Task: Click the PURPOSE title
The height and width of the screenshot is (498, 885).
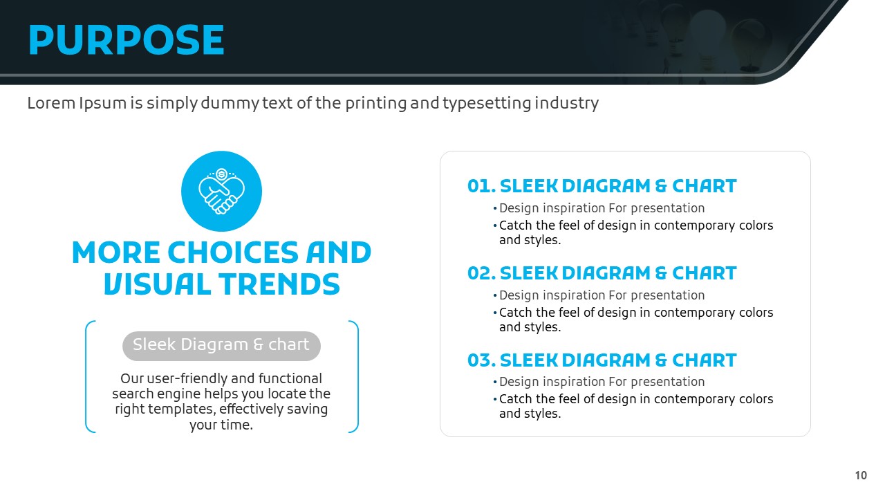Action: point(126,39)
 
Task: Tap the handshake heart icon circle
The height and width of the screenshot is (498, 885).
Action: point(221,192)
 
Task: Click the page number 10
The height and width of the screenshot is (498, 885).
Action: point(861,475)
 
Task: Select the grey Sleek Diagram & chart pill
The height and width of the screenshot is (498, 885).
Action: point(221,346)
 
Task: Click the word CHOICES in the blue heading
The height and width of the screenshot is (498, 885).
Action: point(233,252)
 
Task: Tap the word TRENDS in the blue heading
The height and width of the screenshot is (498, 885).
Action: point(279,284)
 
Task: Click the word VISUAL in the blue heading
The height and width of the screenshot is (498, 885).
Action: point(157,284)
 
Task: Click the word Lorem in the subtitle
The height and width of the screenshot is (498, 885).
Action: point(51,103)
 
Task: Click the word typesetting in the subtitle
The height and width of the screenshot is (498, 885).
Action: point(487,104)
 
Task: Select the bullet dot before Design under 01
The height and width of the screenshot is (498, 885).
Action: point(495,208)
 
